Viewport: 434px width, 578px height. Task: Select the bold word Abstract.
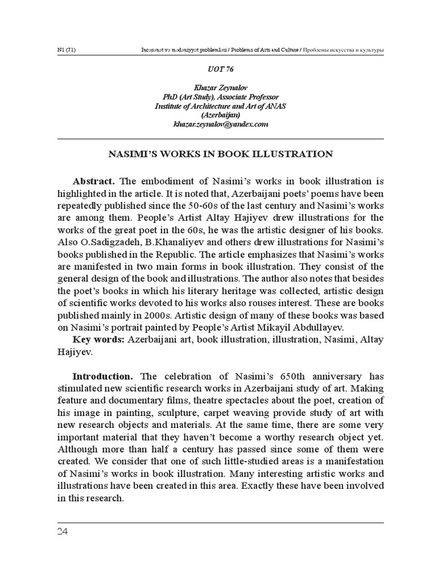click(94, 181)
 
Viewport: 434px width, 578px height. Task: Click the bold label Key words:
click(99, 339)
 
